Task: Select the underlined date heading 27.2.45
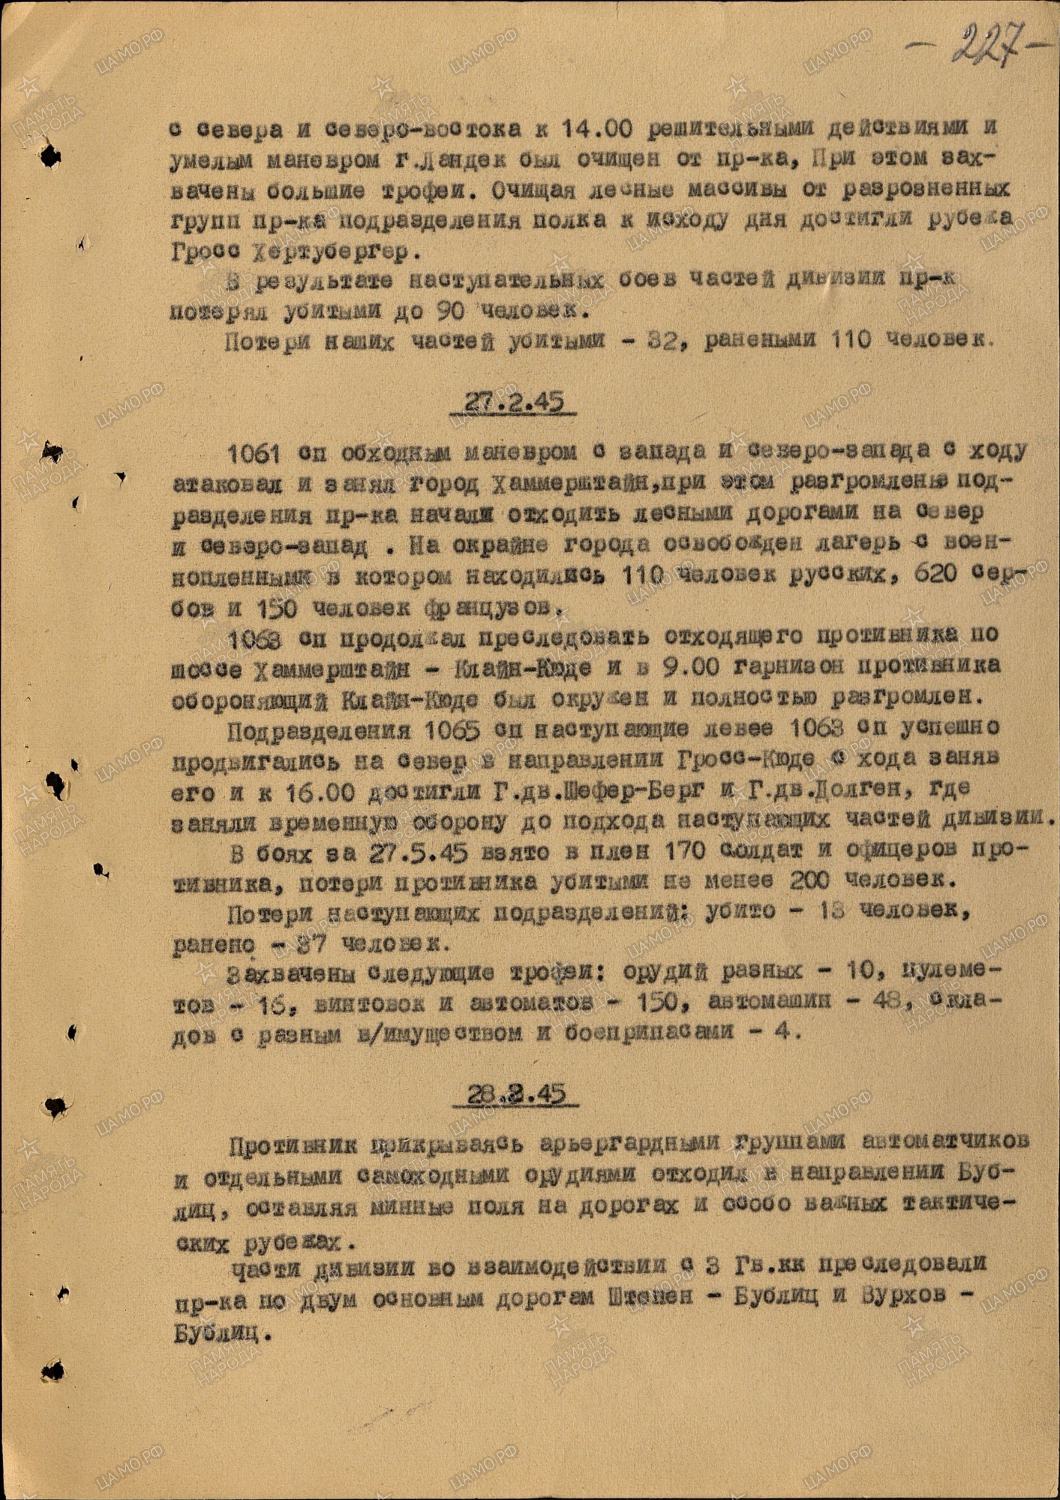pos(514,403)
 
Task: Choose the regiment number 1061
pos(253,452)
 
